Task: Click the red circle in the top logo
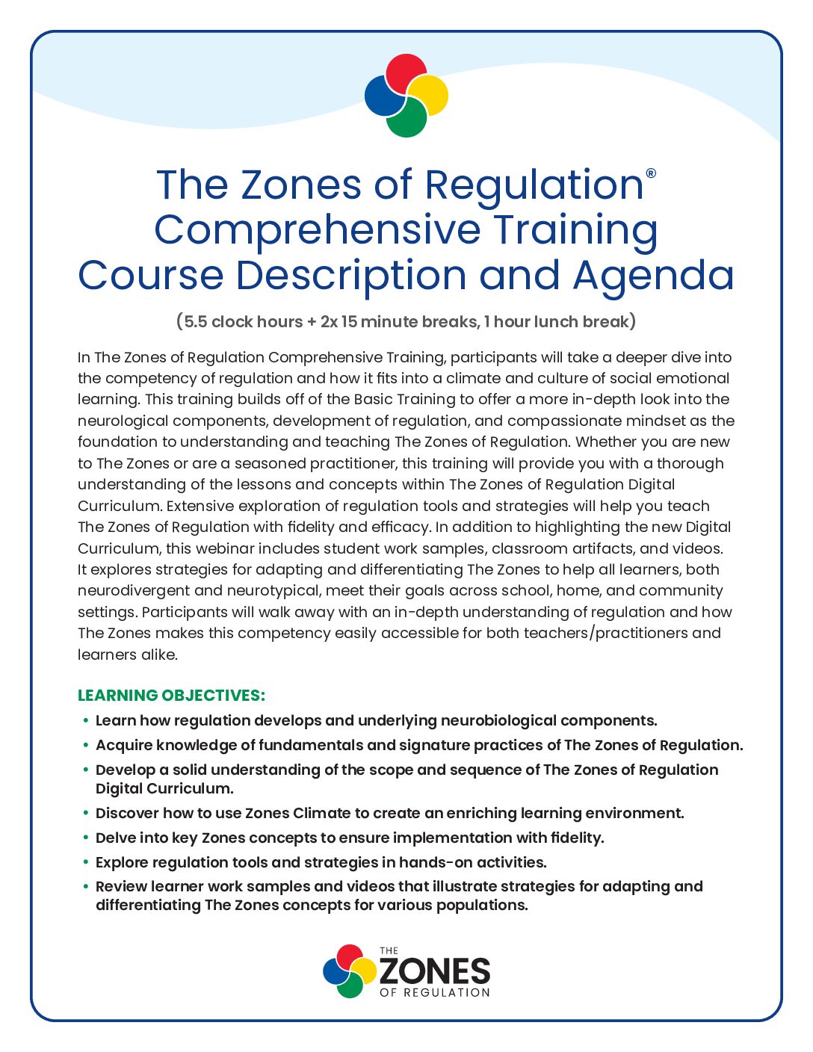(406, 72)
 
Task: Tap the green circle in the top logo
(406, 119)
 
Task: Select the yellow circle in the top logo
(430, 95)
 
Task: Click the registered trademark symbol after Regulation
(651, 173)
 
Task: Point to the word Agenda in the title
(654, 276)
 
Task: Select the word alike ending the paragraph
(158, 655)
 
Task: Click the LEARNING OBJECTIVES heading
(171, 696)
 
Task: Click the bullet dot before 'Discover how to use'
(86, 814)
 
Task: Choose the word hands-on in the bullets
(434, 863)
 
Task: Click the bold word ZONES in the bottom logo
(435, 971)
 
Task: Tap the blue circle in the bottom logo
(335, 970)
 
